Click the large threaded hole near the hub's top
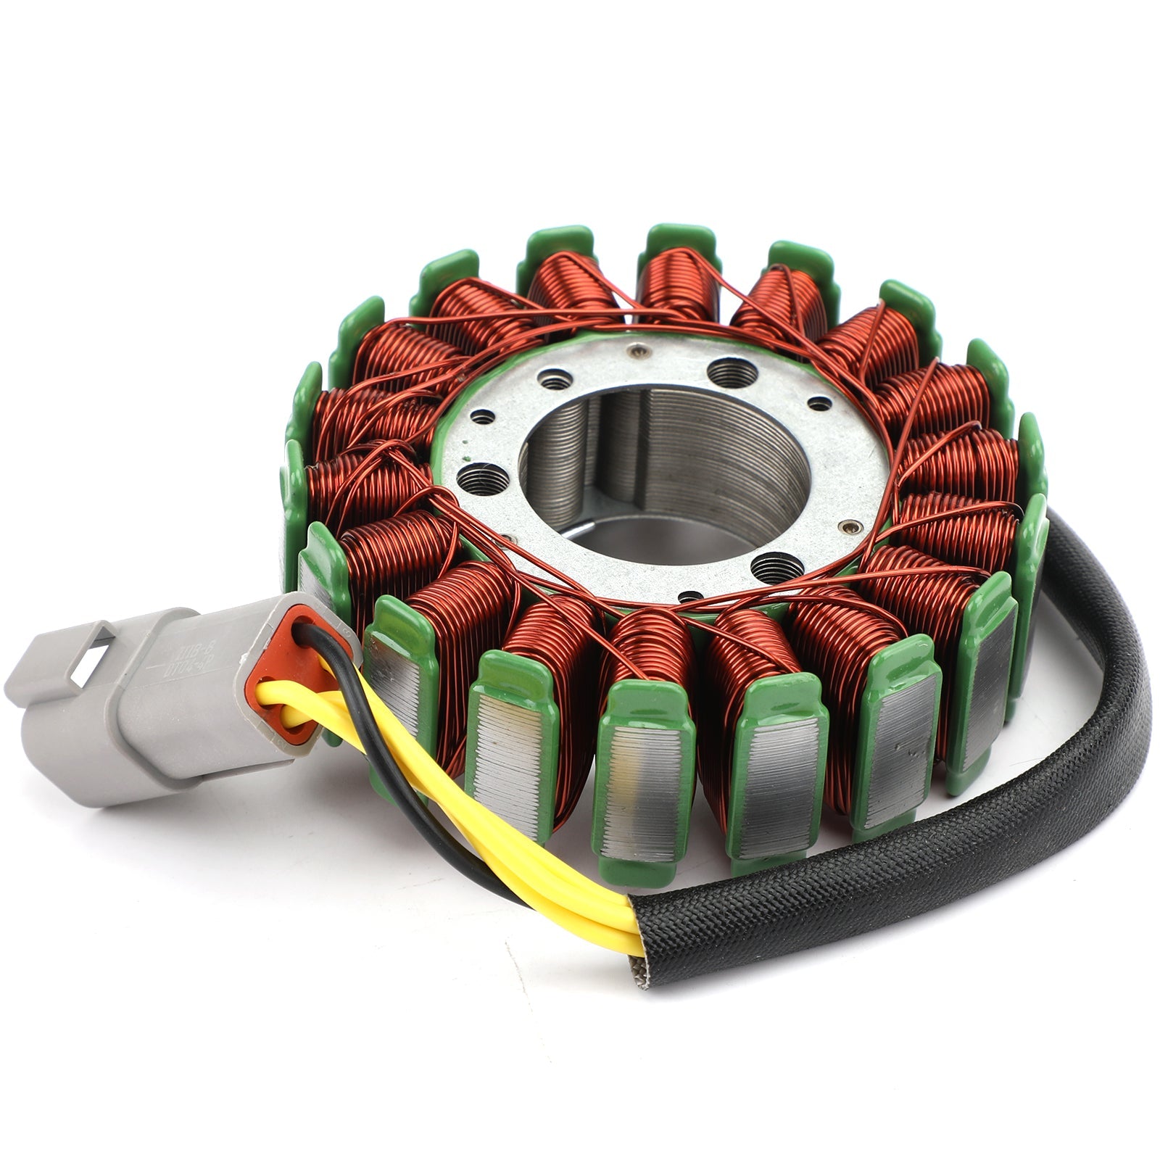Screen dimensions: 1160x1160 point(726,370)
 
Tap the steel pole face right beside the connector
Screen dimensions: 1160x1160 point(395,689)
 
